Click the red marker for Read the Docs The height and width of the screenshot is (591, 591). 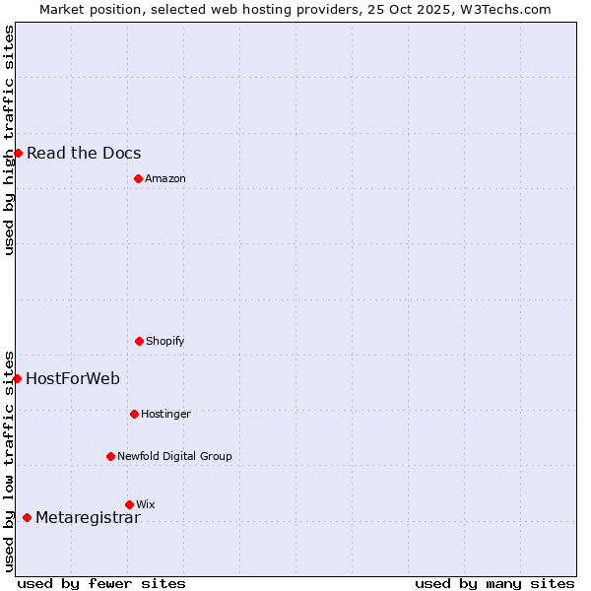(18, 153)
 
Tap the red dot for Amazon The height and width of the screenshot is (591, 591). (138, 178)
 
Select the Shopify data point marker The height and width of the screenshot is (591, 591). (139, 341)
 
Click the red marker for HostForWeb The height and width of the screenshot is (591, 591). (17, 378)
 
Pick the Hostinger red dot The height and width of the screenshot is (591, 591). (134, 414)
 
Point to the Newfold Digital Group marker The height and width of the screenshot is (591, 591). (110, 456)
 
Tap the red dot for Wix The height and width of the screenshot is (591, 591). (129, 504)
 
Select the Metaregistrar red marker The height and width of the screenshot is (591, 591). (27, 518)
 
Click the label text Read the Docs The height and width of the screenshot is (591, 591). (84, 153)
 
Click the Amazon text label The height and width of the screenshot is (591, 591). (165, 178)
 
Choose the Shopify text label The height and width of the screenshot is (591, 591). (165, 341)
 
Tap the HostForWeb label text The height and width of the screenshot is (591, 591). (73, 378)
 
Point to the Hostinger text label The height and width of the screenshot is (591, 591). (165, 414)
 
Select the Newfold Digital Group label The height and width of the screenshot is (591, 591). (174, 456)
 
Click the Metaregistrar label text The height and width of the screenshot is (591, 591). (88, 518)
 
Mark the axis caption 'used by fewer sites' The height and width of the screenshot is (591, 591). (101, 583)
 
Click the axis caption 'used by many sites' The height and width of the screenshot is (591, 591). (494, 583)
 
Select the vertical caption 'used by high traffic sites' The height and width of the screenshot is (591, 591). (9, 140)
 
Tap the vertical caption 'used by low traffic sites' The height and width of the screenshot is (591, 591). (9, 460)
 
